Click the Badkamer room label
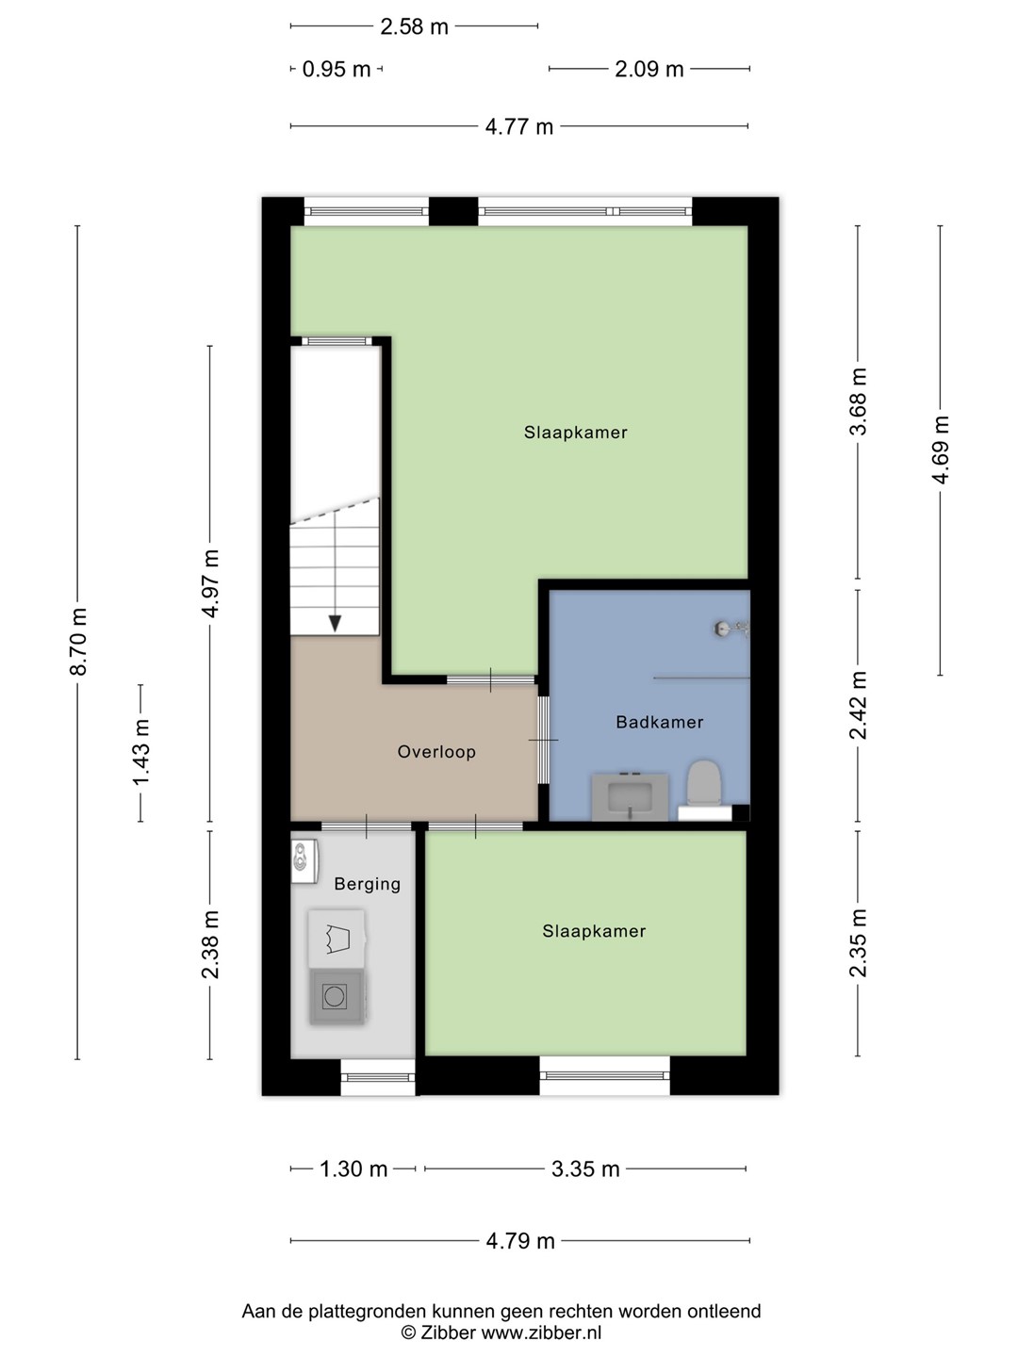(660, 722)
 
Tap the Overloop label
(436, 752)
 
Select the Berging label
(368, 885)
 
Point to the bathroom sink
(630, 796)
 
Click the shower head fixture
(731, 629)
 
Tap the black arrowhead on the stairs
(335, 623)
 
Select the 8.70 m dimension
(78, 641)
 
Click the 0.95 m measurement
(337, 69)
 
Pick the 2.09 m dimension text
(649, 69)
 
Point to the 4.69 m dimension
(940, 450)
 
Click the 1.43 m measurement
(141, 752)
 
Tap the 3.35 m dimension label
(585, 1169)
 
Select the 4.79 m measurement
(520, 1241)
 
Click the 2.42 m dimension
(858, 706)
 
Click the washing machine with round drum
(337, 997)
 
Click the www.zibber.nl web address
(541, 1332)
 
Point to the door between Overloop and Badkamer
(543, 740)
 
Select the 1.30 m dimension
(353, 1169)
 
